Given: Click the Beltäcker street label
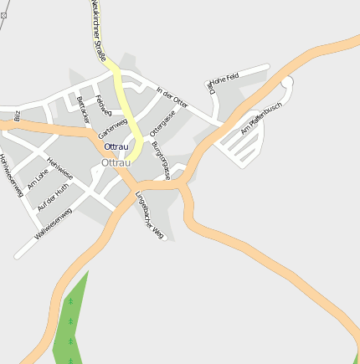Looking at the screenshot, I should [82, 110].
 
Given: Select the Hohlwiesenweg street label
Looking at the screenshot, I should [11, 176].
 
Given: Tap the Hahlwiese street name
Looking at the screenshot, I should [60, 169].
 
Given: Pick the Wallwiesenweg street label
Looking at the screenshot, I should [54, 223].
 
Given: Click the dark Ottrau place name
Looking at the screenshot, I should [117, 146].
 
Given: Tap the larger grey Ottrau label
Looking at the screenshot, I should [116, 162].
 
